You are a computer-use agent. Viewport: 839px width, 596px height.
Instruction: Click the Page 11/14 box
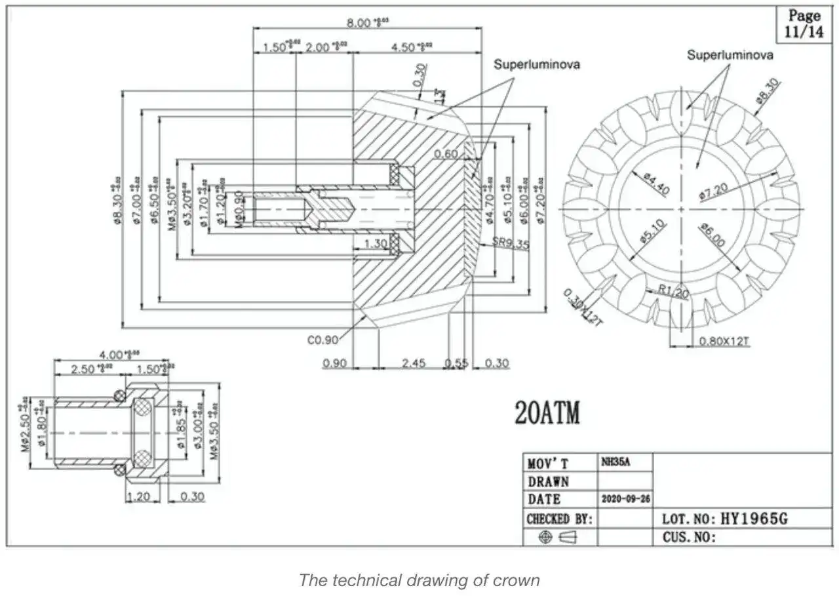pos(804,24)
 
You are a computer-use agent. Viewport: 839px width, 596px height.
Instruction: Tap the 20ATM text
pos(548,412)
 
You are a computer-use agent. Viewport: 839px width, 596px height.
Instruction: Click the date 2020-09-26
pos(626,499)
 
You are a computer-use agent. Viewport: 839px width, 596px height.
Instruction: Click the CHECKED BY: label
pos(559,519)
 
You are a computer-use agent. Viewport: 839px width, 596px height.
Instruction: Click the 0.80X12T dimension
pos(724,341)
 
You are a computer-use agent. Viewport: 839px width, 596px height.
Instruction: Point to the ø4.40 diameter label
pos(655,184)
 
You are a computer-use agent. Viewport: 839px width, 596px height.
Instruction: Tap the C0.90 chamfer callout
pos(322,340)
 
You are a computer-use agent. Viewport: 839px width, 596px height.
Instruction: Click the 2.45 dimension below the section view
pos(413,363)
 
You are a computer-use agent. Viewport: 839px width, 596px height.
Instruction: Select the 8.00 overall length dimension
pos(368,22)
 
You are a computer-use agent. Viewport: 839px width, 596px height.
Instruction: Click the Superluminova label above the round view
pos(730,55)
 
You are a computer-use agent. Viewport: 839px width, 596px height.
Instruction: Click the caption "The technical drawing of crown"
pos(419,580)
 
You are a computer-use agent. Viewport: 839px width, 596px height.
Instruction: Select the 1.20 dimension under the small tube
pos(139,496)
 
